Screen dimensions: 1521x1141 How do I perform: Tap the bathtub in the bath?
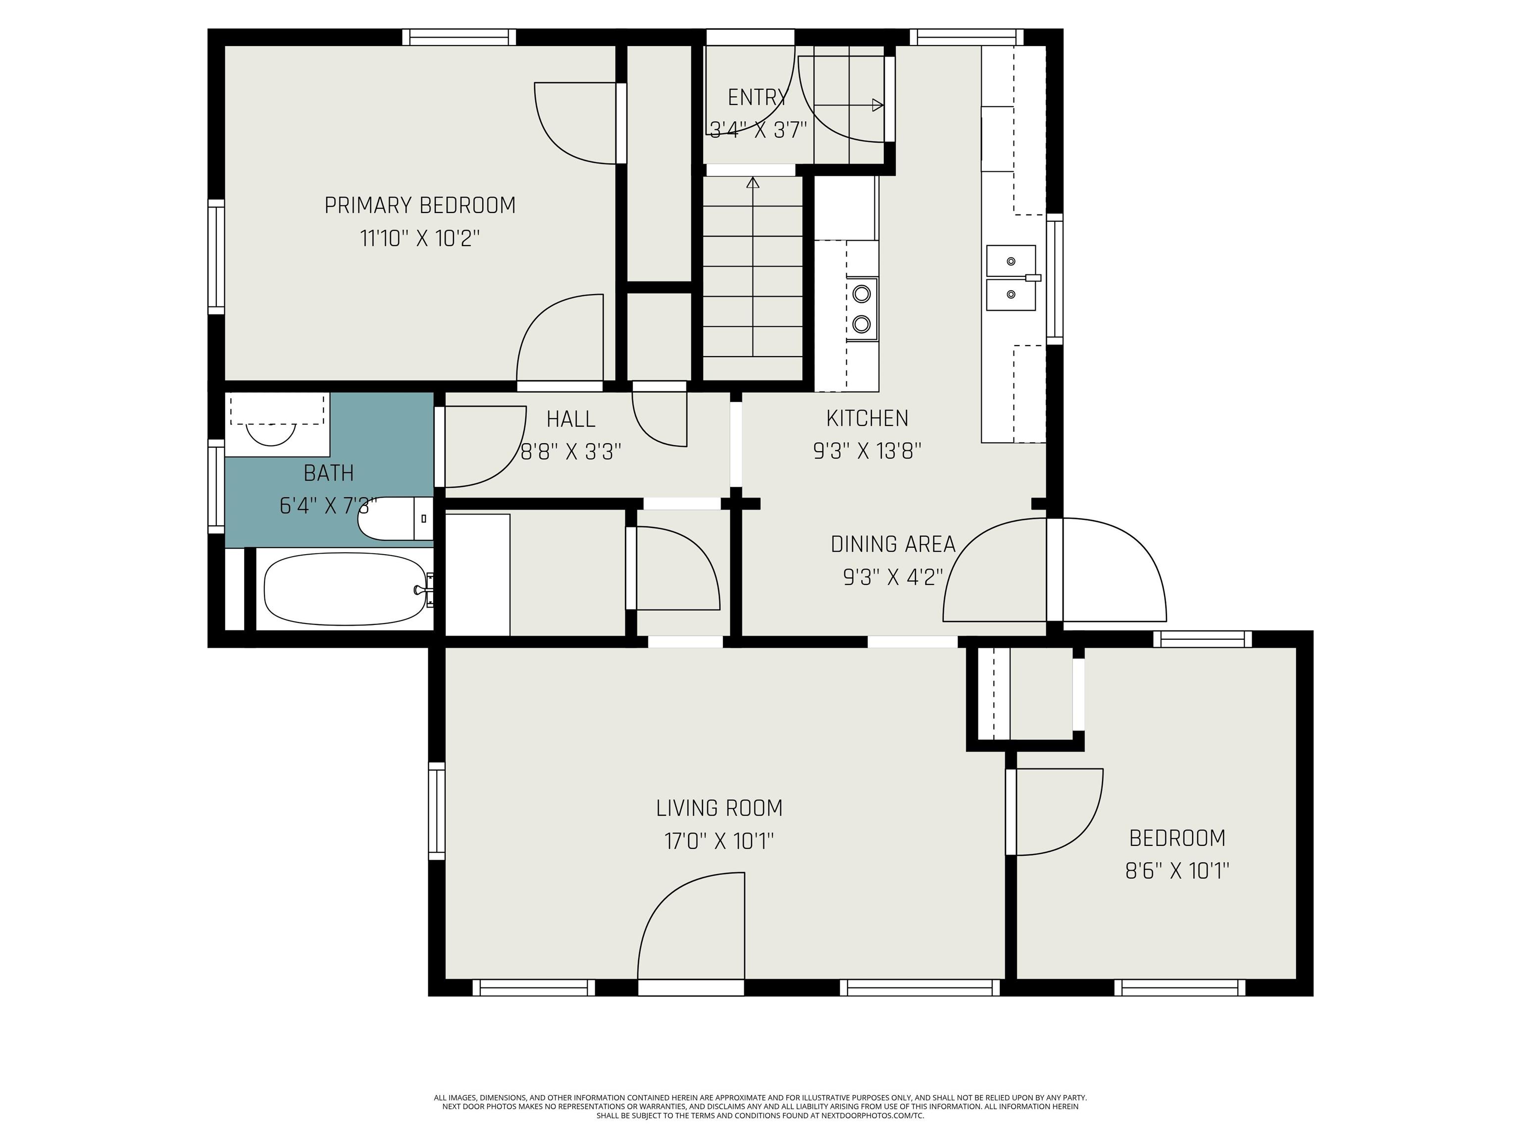pos(345,590)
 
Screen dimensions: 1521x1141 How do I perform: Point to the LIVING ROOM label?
pos(719,808)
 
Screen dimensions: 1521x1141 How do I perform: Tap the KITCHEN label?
pos(867,418)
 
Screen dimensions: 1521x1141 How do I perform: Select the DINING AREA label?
pos(893,544)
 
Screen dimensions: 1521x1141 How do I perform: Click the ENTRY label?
pos(757,98)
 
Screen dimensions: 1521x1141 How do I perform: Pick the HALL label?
pos(571,419)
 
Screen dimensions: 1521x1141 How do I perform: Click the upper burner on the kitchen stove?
pos(862,294)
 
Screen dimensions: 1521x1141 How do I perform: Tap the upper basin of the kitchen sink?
pos(1011,260)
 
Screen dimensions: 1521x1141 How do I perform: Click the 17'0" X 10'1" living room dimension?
pos(719,841)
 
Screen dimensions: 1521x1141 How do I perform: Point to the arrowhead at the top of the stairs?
pos(753,182)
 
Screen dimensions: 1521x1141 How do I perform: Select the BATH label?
pos(329,473)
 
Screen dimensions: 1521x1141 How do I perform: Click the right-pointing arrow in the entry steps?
pos(849,105)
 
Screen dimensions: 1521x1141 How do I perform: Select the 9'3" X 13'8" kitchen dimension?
pos(867,451)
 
